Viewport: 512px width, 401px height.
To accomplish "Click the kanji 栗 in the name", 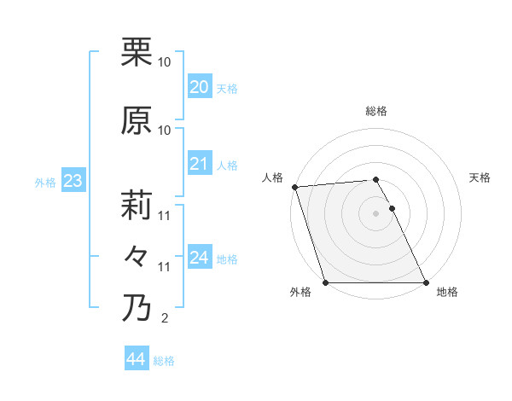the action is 137,52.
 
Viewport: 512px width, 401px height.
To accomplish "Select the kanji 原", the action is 137,120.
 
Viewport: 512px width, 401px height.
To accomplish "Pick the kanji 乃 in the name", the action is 137,308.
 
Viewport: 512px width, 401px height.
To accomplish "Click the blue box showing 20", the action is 199,87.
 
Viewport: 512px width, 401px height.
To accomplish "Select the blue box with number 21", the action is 199,164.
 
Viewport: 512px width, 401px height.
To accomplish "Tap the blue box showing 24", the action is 199,258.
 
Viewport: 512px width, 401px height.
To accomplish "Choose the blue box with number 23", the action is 73,181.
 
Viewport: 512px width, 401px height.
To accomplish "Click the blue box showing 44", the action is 136,360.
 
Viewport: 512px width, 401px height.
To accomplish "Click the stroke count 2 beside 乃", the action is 164,319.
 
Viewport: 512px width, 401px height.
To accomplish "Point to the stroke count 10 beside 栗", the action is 165,62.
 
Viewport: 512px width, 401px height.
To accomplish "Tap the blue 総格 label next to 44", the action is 164,361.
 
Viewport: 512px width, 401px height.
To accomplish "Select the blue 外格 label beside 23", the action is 45,182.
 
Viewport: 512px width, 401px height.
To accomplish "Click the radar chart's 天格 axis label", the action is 480,177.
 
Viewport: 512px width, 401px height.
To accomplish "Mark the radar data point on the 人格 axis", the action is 294,187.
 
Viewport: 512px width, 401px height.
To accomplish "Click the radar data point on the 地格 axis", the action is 426,282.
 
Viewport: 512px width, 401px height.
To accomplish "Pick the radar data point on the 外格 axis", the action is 325,282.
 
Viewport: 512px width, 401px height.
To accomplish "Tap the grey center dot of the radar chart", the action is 375,213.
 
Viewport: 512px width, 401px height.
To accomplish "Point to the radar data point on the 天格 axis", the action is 392,208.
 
